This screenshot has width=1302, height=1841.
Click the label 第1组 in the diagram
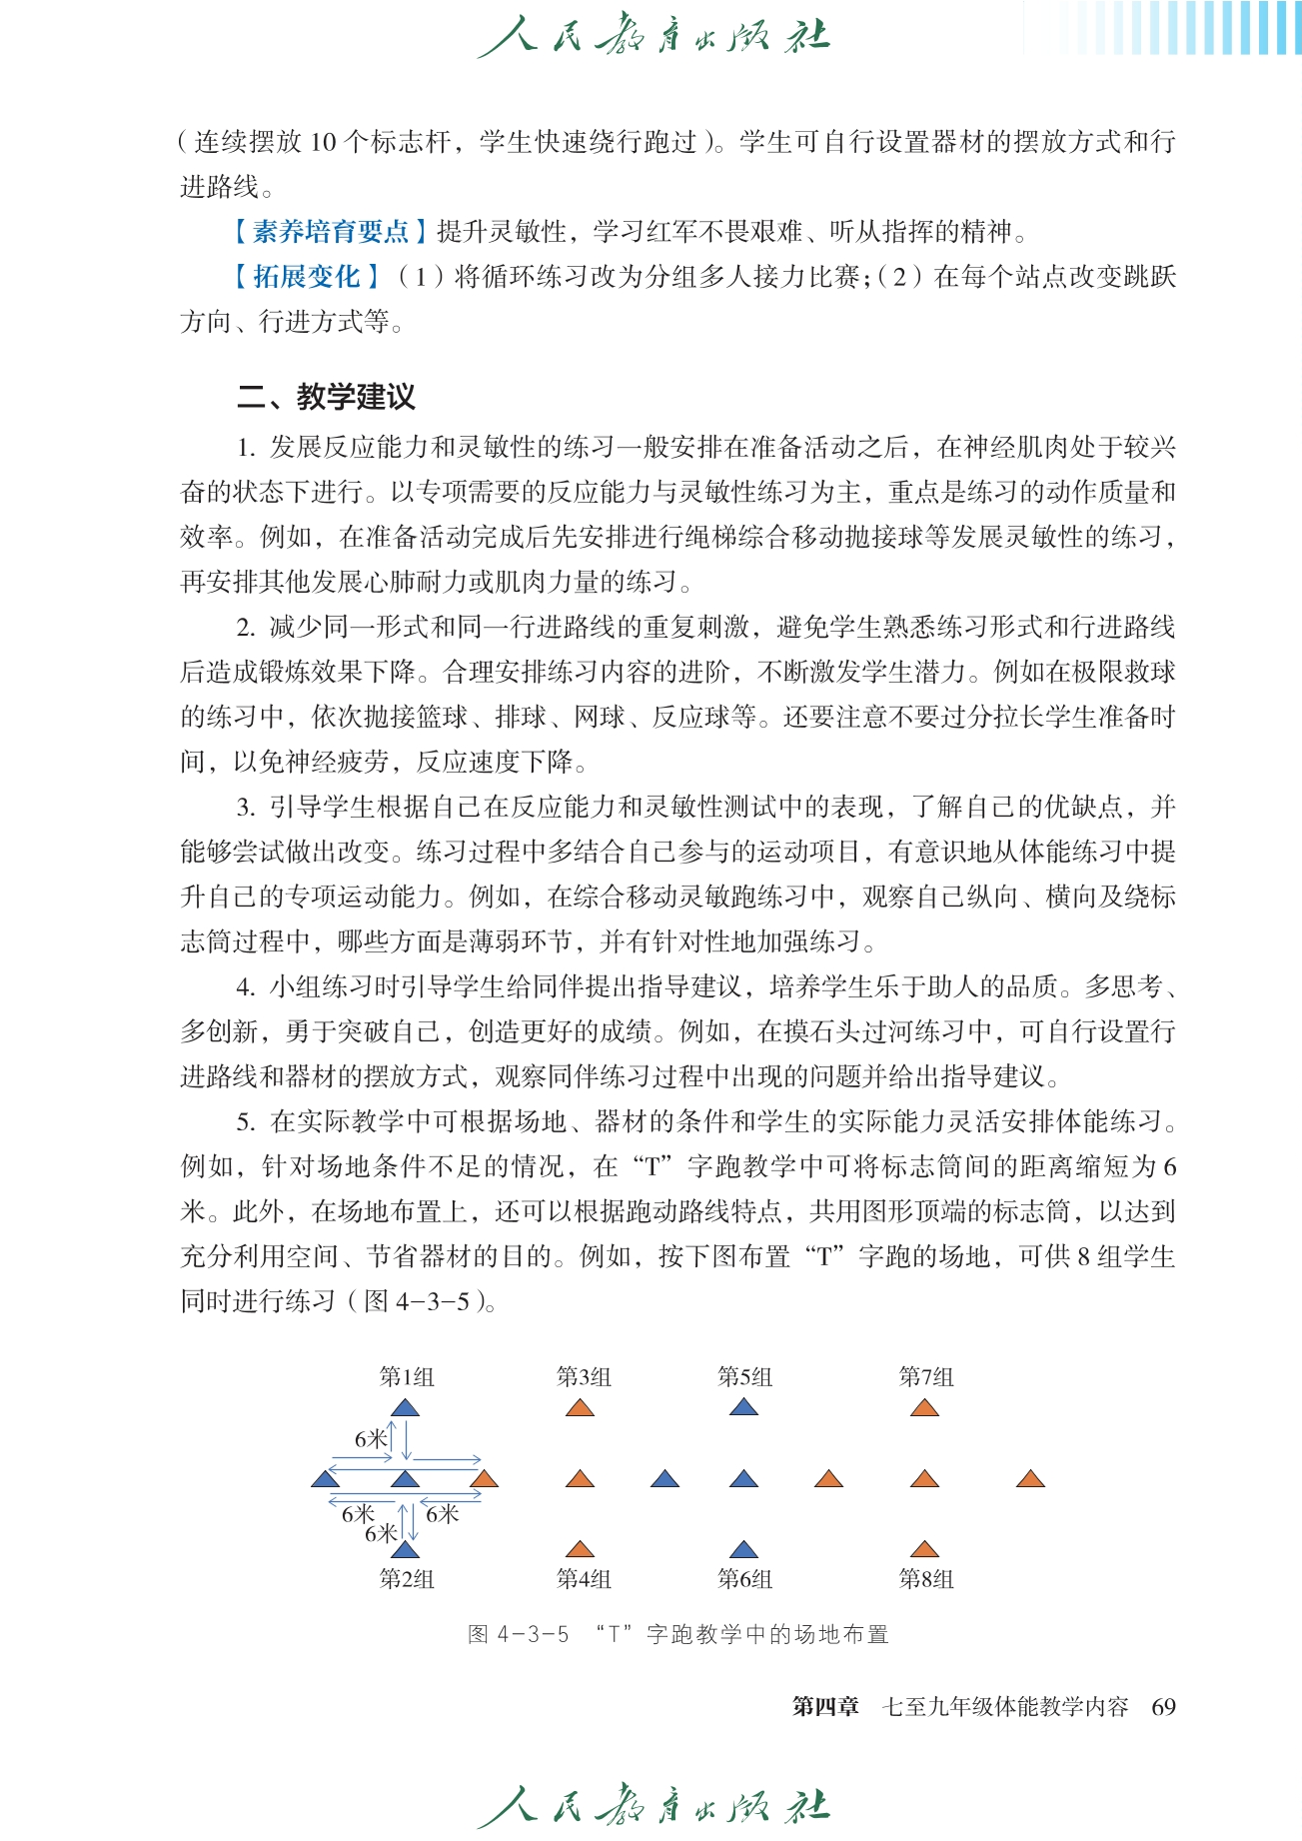[x=407, y=1377]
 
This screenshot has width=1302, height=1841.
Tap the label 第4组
[x=584, y=1579]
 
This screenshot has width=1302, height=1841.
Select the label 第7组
[x=926, y=1377]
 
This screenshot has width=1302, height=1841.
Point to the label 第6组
[x=744, y=1579]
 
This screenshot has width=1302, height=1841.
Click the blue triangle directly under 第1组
[x=405, y=1408]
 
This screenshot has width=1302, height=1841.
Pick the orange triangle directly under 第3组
[x=580, y=1408]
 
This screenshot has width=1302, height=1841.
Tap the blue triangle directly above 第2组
[x=405, y=1550]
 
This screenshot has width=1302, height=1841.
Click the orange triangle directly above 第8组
[x=925, y=1550]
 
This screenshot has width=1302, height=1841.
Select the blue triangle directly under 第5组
[x=744, y=1408]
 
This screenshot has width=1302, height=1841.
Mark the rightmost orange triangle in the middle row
[x=1030, y=1479]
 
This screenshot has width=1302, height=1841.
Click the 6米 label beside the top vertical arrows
[x=371, y=1439]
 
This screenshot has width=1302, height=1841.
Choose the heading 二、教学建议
[x=326, y=397]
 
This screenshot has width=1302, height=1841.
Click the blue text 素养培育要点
[x=331, y=232]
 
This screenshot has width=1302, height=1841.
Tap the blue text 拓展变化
[x=306, y=277]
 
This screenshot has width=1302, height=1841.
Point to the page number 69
[x=1163, y=1707]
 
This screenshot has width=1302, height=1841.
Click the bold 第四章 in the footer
[x=825, y=1707]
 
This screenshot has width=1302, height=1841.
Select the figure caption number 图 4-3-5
[x=519, y=1635]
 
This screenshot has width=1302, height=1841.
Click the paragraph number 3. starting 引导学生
[x=247, y=808]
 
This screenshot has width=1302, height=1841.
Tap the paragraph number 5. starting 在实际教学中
[x=247, y=1122]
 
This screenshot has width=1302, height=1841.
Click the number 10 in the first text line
[x=323, y=142]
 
